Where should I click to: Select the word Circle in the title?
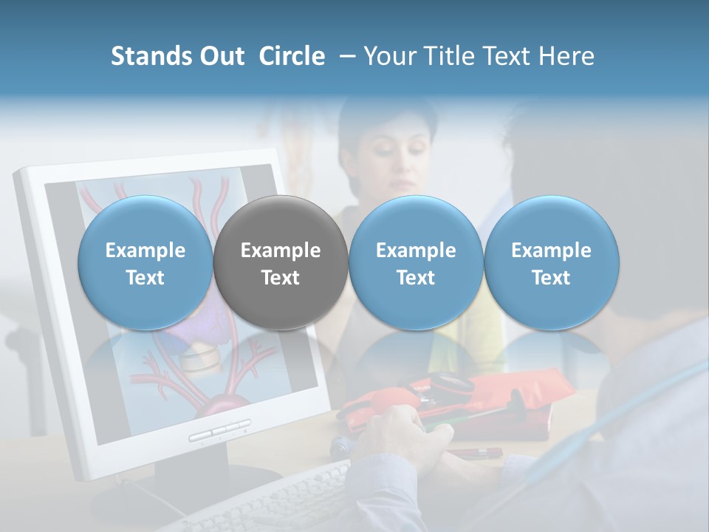tap(292, 56)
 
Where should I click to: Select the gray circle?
tap(281, 262)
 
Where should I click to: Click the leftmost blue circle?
tap(145, 262)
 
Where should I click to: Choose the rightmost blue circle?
tap(551, 262)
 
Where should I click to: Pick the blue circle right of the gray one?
tap(416, 262)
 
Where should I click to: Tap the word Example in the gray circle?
tap(281, 250)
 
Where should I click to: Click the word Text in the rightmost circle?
tap(551, 278)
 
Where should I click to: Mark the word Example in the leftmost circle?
tap(145, 250)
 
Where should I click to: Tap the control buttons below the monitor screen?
tap(219, 431)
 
